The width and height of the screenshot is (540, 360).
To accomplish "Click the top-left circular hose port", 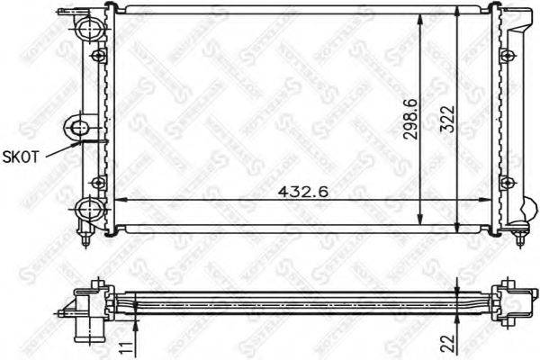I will pyautogui.click(x=89, y=31).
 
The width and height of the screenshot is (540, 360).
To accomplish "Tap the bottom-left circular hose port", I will pyautogui.click(x=89, y=211).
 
